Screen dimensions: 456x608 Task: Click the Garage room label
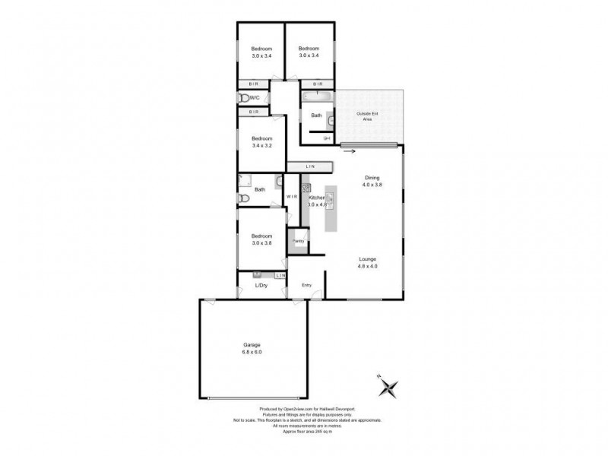pos(252,344)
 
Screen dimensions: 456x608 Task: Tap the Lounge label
pos(368,259)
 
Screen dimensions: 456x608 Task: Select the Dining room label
pos(372,177)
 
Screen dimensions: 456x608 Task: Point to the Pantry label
pos(299,241)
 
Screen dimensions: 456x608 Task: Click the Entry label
pos(307,285)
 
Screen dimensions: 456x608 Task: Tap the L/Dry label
pos(261,285)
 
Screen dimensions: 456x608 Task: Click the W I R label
pos(292,198)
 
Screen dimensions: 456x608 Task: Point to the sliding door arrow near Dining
pos(349,150)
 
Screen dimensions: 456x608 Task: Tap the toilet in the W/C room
pos(243,97)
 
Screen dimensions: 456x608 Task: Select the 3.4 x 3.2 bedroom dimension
pos(261,145)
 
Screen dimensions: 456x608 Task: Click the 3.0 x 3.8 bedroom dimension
pos(261,243)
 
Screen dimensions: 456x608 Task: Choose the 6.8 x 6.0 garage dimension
pos(252,353)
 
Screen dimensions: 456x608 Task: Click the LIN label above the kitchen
pos(310,166)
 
